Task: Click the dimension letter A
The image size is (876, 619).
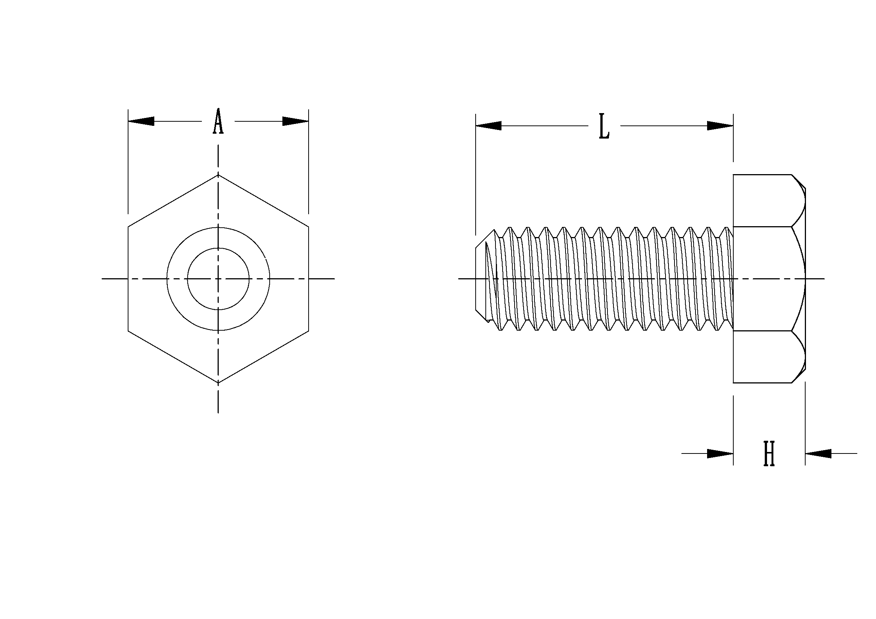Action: [218, 121]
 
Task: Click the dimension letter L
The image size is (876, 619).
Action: [604, 126]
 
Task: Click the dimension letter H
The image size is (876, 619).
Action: [769, 453]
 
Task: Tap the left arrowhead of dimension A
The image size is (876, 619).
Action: [141, 121]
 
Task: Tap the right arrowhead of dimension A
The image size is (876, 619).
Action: [295, 121]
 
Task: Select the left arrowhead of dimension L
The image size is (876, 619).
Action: [489, 126]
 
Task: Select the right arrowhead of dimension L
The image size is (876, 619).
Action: [720, 126]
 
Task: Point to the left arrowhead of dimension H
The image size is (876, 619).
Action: [720, 453]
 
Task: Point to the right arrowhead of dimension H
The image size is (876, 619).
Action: [818, 453]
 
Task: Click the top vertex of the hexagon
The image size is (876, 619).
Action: [218, 175]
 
